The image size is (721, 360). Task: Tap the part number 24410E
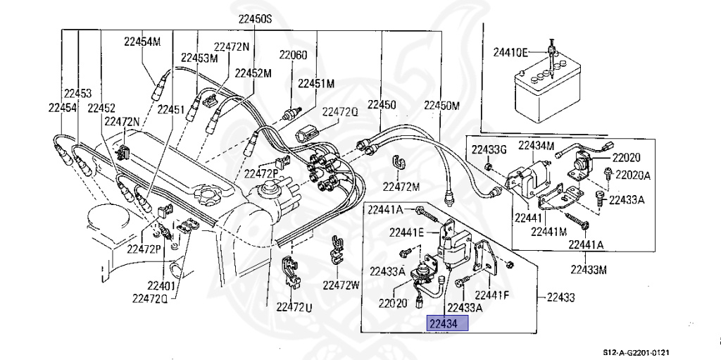click(510, 51)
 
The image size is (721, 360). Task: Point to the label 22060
click(292, 55)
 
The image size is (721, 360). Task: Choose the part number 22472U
click(294, 306)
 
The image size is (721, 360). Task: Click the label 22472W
click(341, 285)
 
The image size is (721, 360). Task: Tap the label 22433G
click(489, 149)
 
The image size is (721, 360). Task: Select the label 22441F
click(492, 294)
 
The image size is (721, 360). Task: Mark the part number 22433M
click(589, 269)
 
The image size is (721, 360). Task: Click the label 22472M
click(401, 187)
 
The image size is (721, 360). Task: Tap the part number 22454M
click(142, 42)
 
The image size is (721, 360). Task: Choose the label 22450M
click(441, 106)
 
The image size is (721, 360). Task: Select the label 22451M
click(315, 83)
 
